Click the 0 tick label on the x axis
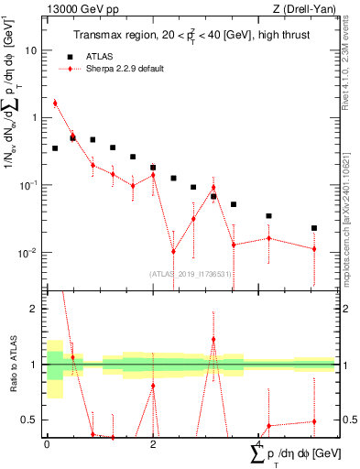[x=47, y=444]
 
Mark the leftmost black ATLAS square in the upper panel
[x=55, y=147]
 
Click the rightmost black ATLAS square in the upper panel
[x=314, y=228]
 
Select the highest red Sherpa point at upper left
[x=55, y=104]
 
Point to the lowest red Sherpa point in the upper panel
[x=173, y=251]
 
